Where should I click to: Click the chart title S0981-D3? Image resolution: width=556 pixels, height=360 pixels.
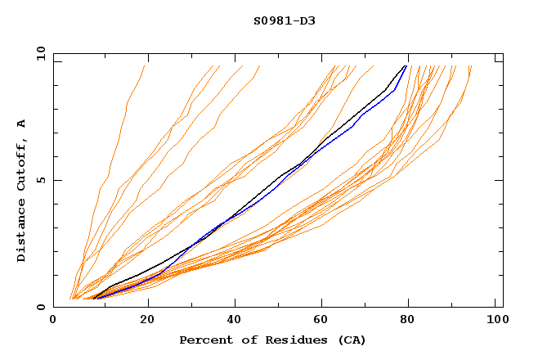284,20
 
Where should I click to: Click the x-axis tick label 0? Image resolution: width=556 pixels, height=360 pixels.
53,321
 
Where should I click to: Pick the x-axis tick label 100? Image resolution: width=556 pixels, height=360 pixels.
495,321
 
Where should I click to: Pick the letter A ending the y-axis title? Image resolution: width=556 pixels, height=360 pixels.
22,124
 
